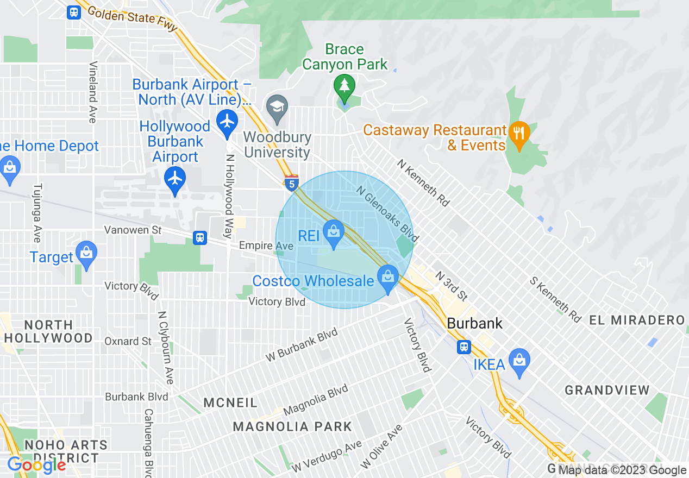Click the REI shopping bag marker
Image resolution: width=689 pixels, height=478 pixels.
pos(334,233)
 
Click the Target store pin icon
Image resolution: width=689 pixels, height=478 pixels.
pos(86,254)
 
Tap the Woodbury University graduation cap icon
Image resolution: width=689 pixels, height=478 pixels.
pos(277,105)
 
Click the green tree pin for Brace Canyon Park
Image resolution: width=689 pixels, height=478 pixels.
pos(344,86)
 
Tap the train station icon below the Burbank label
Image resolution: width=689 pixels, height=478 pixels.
pos(463,346)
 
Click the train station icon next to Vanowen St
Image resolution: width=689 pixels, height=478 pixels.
pos(200,237)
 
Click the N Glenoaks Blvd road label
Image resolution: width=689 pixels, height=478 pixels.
pos(388,213)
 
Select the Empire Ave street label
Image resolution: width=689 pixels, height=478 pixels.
pos(266,246)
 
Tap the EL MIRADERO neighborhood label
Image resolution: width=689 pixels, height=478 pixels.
pos(637,320)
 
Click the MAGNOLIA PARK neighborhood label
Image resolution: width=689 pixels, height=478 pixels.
pos(292,426)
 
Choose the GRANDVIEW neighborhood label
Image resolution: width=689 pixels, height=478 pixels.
pos(607,390)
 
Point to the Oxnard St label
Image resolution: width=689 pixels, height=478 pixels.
pos(128,341)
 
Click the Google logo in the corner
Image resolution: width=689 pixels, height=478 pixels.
pos(36,465)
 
